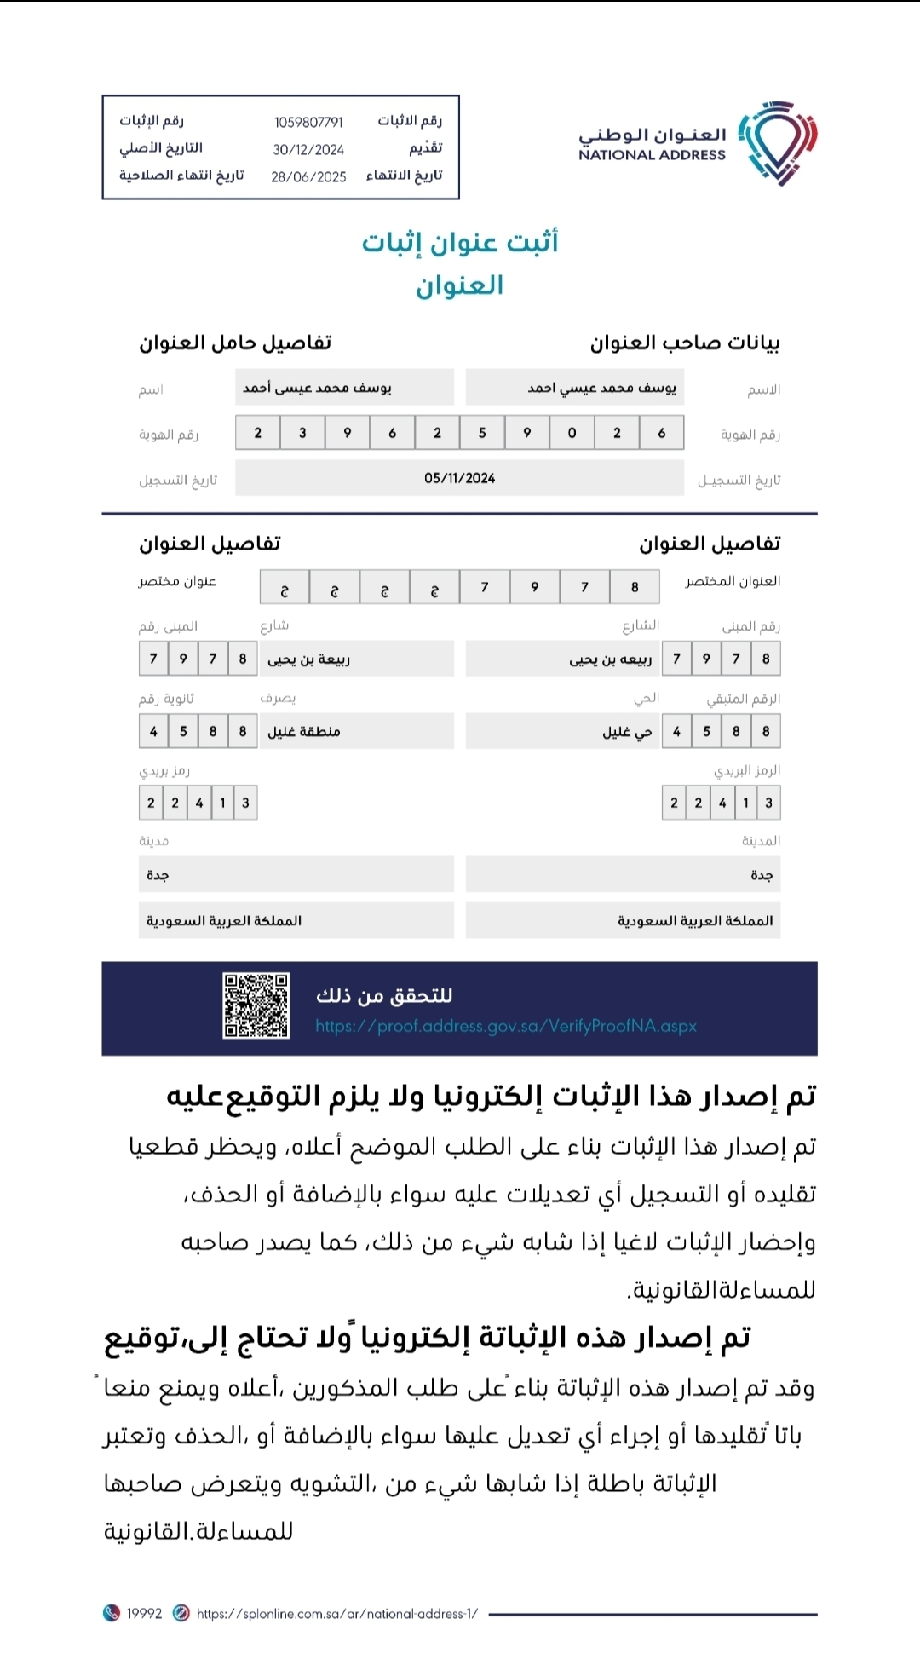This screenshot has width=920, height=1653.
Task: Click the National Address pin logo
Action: pos(778,142)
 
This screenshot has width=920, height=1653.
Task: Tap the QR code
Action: pos(256,1005)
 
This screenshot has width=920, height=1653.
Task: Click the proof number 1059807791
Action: pos(308,123)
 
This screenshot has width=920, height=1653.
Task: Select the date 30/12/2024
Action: pos(308,150)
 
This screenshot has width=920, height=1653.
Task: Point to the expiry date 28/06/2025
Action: pos(308,177)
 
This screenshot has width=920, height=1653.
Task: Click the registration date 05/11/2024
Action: pos(459,478)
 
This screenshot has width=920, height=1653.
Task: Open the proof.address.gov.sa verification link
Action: pos(506,1026)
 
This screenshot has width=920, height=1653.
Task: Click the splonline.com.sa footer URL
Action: pos(337,1613)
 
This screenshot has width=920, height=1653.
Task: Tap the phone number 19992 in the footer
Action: pos(144,1613)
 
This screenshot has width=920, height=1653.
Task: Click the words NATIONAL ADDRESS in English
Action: pos(652,155)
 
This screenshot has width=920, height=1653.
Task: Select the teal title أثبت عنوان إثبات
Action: pos(460,242)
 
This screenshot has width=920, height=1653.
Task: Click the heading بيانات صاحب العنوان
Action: pos(685,343)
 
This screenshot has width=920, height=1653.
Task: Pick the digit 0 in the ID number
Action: pos(572,433)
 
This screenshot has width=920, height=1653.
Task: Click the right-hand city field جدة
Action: pos(623,875)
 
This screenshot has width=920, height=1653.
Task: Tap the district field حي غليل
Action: pos(562,731)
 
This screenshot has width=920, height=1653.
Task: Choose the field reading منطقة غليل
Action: pos(358,731)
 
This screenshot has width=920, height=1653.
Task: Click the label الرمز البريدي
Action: pos(747,770)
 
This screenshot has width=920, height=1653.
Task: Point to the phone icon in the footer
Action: pos(111,1613)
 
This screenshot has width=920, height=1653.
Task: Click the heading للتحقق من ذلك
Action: pos(384,995)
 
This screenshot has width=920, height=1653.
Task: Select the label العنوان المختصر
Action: pos(733,581)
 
